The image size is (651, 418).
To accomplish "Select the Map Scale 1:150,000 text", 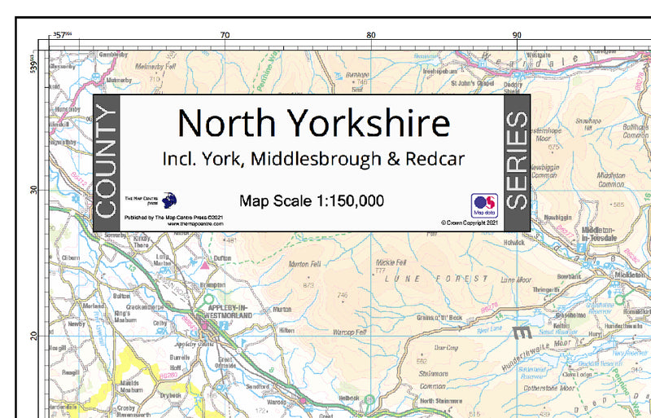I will [x=312, y=200].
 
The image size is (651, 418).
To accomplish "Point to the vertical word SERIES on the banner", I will [x=518, y=162].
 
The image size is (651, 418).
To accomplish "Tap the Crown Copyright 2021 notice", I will [x=469, y=222].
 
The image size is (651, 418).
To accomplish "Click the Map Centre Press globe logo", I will [x=169, y=200].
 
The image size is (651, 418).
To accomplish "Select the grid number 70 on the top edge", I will [x=225, y=35].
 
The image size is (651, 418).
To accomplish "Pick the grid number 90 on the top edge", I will [x=517, y=35].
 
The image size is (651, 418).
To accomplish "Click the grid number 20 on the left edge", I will [x=35, y=336].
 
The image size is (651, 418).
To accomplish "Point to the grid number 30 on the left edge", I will [x=35, y=190].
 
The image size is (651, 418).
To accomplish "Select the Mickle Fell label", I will [x=391, y=262].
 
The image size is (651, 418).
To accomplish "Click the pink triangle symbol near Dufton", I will [x=205, y=266].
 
